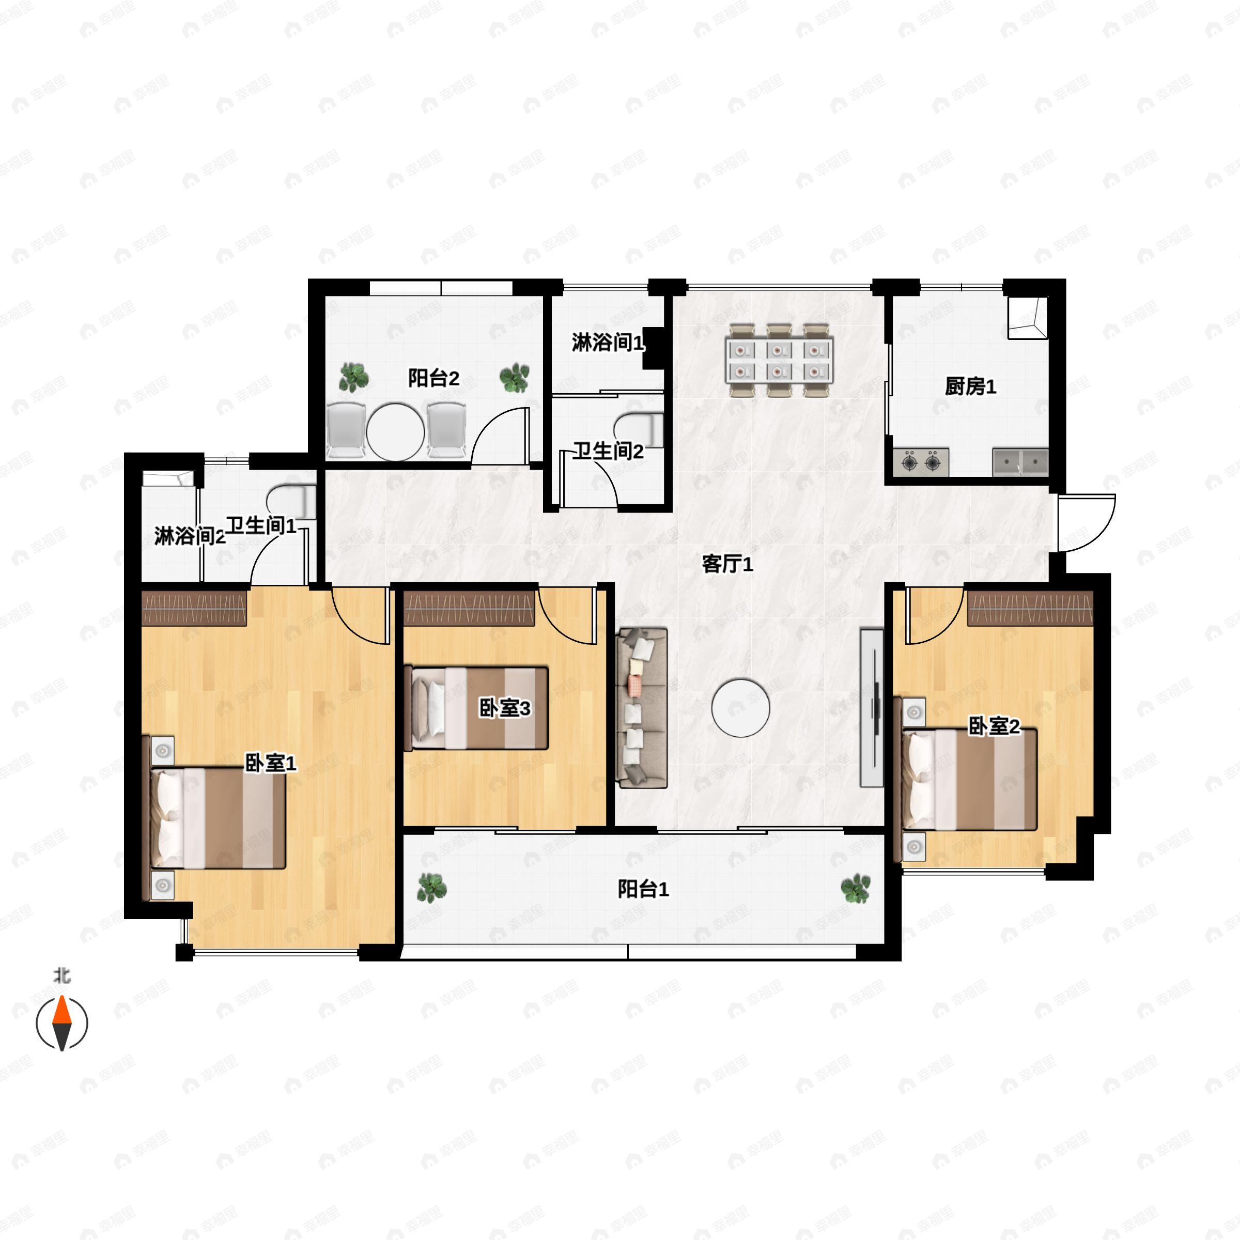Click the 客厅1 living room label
(727, 564)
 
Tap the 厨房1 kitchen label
(970, 386)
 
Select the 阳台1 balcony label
(643, 889)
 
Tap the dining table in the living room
(779, 361)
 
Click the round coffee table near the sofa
(741, 708)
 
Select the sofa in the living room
(642, 708)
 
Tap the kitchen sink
(1020, 462)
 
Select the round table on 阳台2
(395, 431)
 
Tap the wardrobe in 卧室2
(1030, 608)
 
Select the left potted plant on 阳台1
(432, 888)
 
